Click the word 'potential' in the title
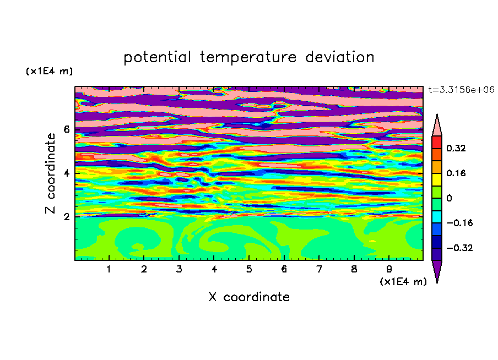coord(157,57)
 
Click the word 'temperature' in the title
coord(248,57)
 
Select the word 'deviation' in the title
coord(340,57)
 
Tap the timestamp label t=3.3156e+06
coord(462,90)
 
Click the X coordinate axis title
coord(249,297)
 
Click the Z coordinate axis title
coord(50,173)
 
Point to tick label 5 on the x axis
coord(249,269)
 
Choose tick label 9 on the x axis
coord(389,269)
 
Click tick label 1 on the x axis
coord(109,269)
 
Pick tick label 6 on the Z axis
coord(66,129)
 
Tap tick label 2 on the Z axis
coord(66,217)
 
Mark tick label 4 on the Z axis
coord(66,173)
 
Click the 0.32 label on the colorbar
coord(456,148)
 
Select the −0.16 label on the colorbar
coord(459,223)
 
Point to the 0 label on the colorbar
coord(449,198)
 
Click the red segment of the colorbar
coord(437,142)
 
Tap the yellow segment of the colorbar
coord(437,179)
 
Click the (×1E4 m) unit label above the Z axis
coord(49,71)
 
